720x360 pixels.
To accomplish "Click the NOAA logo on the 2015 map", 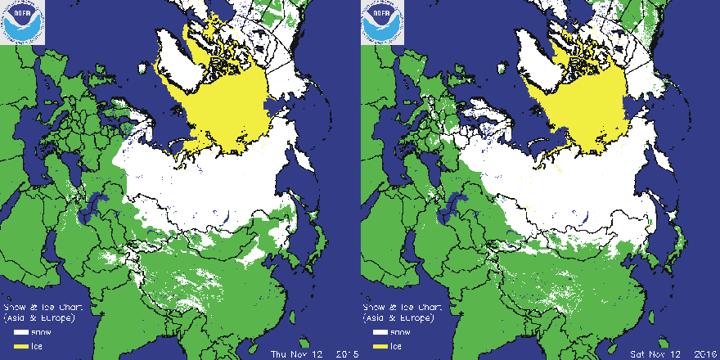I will coord(21,23).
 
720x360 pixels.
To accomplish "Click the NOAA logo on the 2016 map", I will coord(381,23).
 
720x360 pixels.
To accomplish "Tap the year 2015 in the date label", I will coord(347,354).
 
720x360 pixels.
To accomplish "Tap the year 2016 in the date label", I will coord(707,354).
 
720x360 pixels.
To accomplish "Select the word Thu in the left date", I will coord(278,354).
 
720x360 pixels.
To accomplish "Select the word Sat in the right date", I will coord(638,354).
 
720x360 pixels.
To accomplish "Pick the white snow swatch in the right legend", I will coord(380,333).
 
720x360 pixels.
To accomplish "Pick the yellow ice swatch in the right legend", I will coord(380,346).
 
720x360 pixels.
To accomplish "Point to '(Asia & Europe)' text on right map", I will coord(394,317).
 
